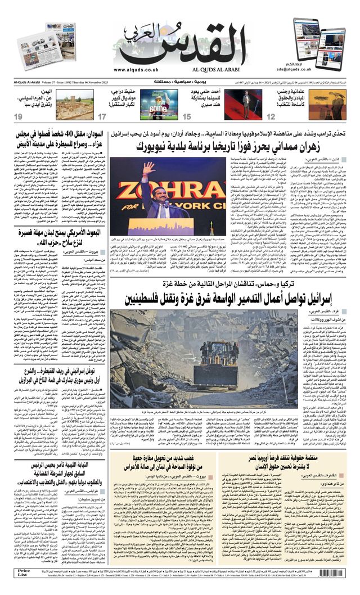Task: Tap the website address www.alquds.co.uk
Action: click(x=136, y=70)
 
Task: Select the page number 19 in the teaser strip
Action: click(x=18, y=116)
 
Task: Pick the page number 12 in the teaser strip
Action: click(x=271, y=116)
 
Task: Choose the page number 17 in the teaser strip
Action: click(x=102, y=116)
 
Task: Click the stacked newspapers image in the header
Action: click(x=38, y=45)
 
